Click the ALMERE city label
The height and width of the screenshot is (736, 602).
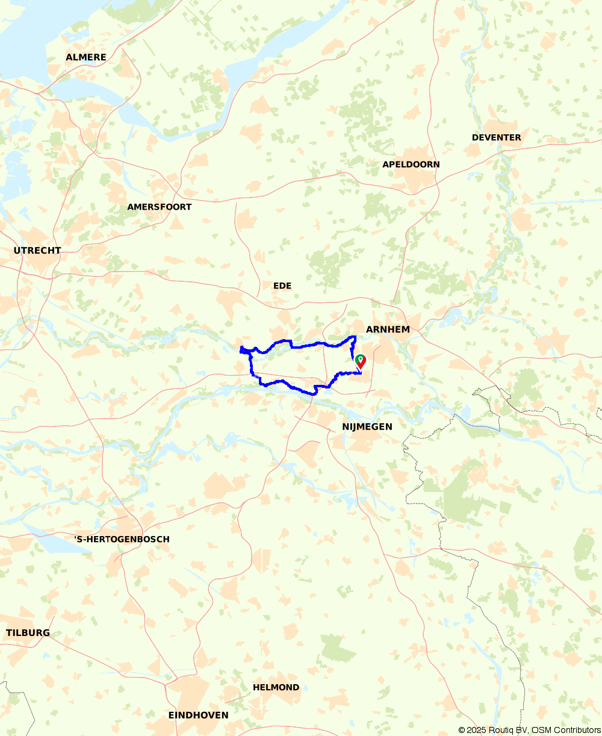(86, 57)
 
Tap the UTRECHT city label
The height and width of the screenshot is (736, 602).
(37, 251)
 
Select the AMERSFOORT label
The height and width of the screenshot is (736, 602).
(160, 207)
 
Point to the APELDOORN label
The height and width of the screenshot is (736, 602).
(411, 164)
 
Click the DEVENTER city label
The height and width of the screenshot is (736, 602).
(497, 137)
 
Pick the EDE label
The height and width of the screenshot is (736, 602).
(282, 285)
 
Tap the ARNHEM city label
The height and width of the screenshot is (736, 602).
(388, 329)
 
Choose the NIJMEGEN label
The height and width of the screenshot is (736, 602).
(367, 426)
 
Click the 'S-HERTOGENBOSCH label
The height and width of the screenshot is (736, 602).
(122, 539)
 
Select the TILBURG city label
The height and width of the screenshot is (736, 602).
(28, 633)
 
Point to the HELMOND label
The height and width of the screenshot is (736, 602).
(276, 687)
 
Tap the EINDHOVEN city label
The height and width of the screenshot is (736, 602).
(198, 715)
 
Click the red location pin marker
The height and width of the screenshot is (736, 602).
(361, 362)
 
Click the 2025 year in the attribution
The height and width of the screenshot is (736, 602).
(477, 730)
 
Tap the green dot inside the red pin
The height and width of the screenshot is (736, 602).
(361, 359)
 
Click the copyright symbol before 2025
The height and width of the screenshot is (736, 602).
(462, 730)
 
